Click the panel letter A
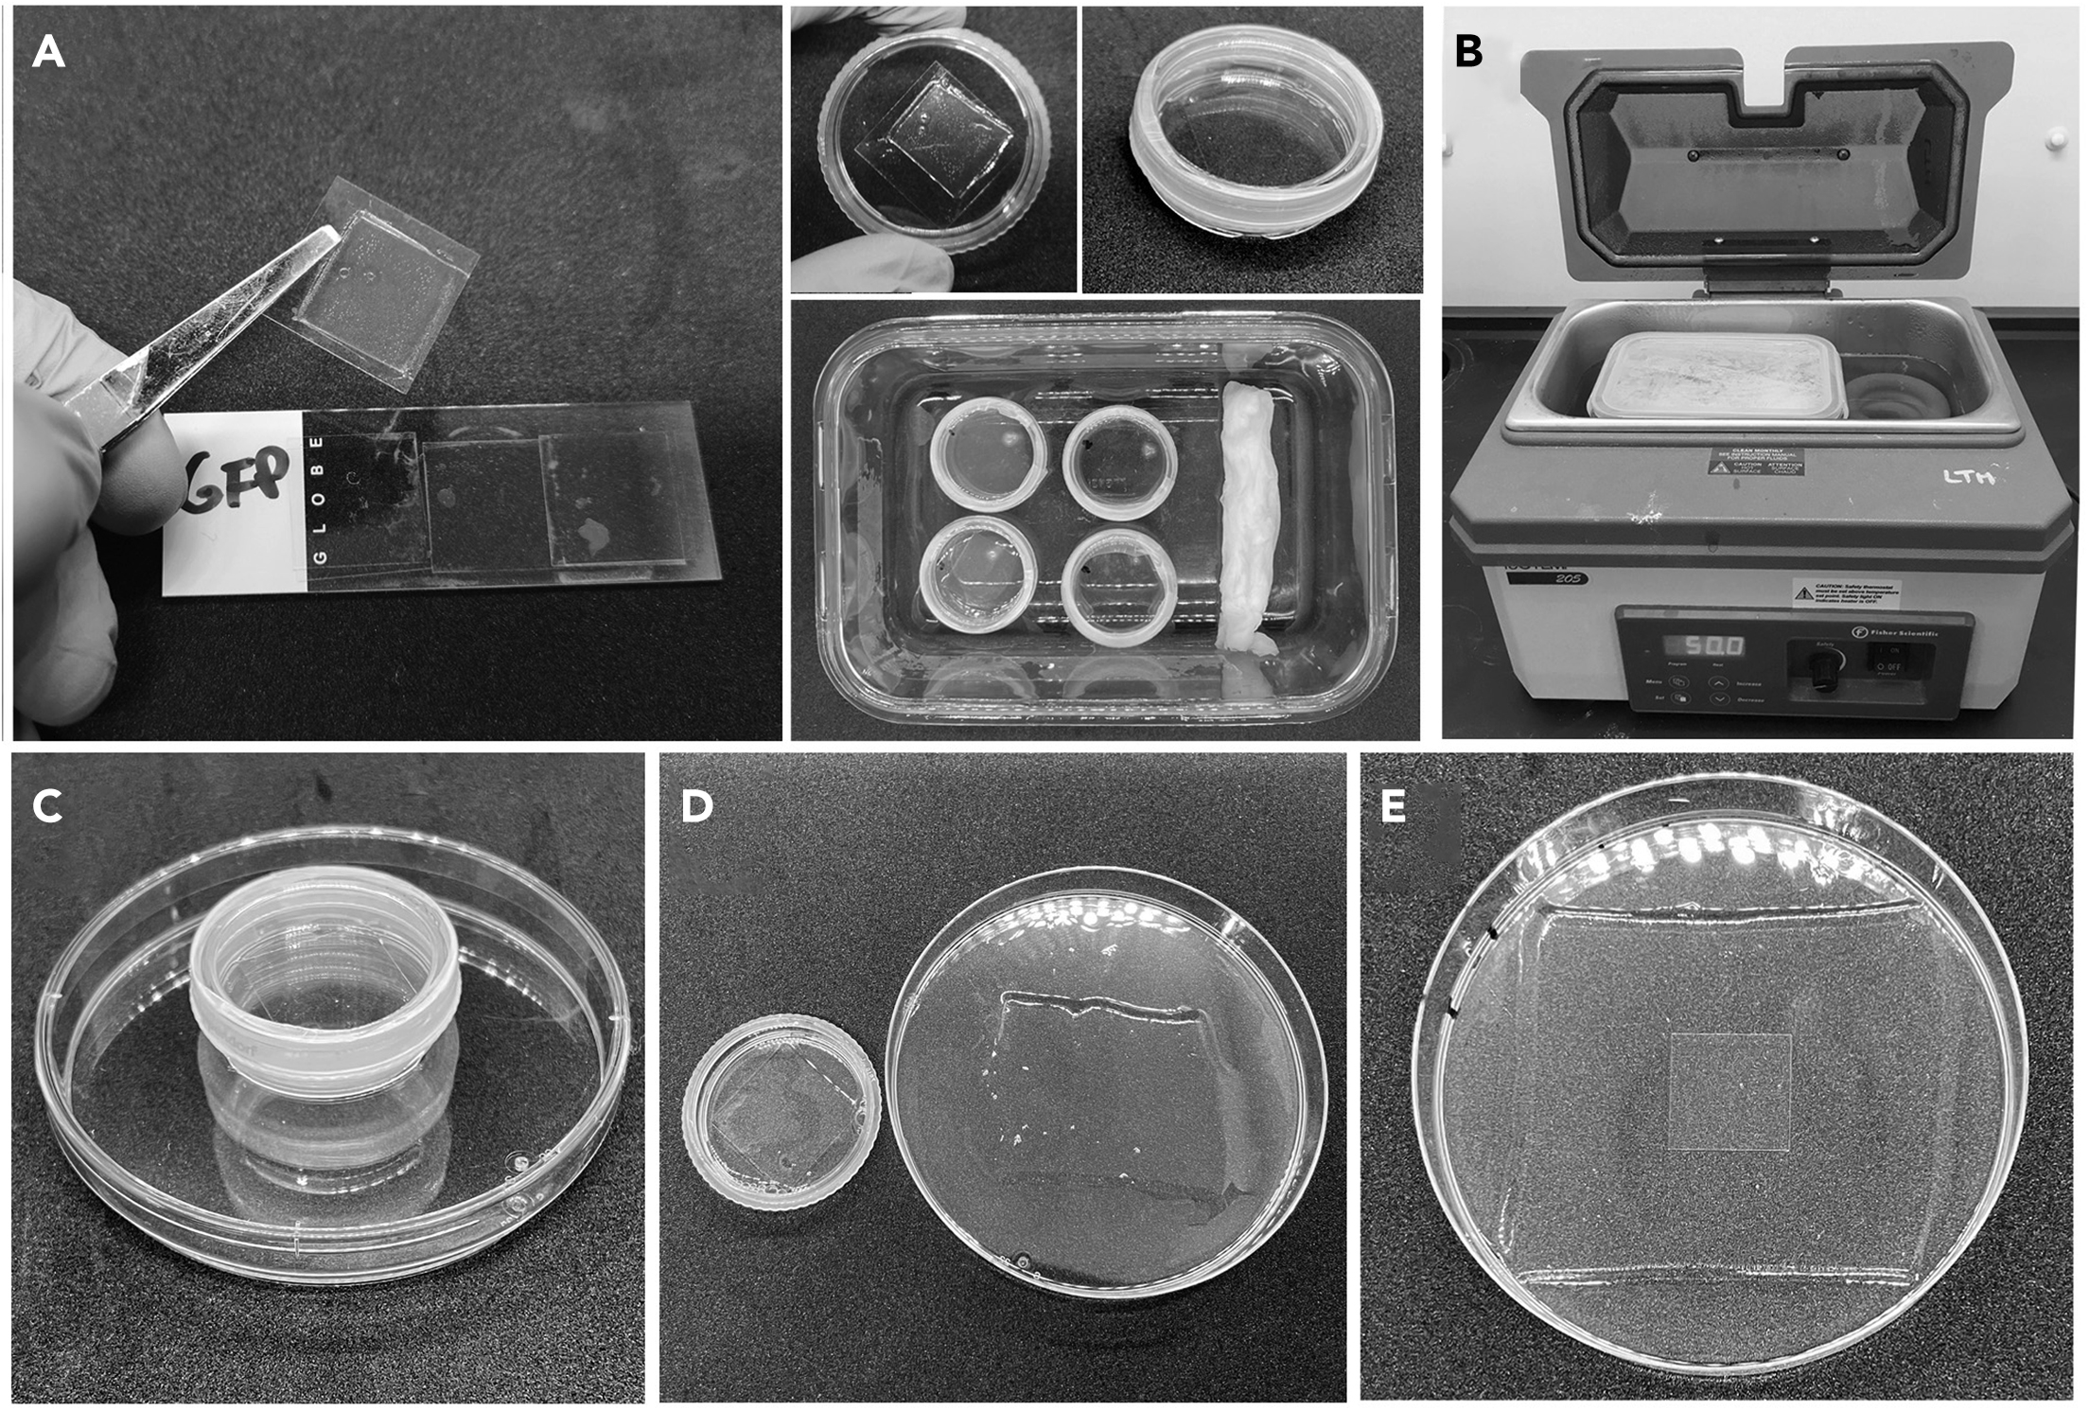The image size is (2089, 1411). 48,52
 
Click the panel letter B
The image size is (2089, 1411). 1468,51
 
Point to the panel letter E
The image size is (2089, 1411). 1393,806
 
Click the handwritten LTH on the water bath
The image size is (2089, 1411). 1968,478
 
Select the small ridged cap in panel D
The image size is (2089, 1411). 781,1112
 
